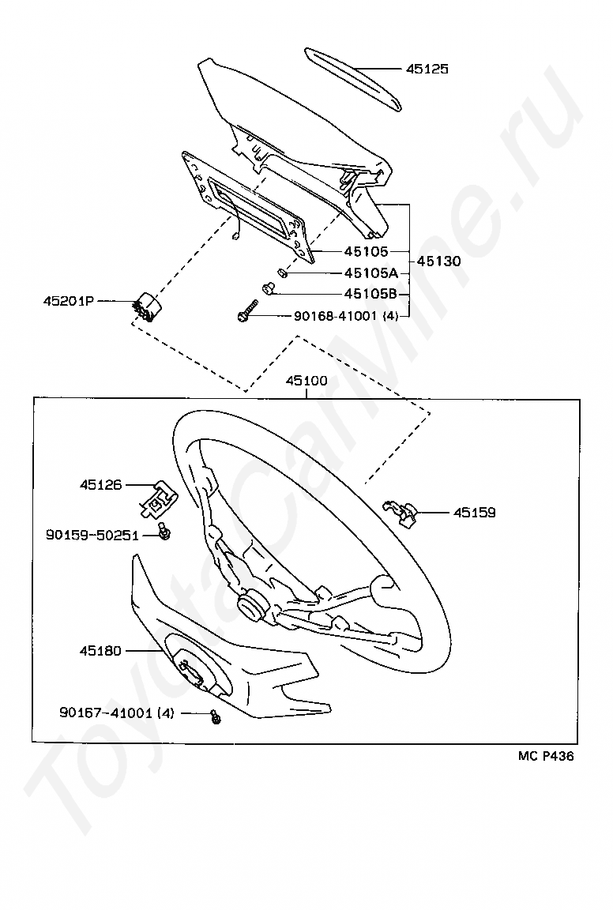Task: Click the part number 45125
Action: pos(427,70)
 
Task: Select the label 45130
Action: pos(438,261)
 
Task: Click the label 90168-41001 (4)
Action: pos(346,316)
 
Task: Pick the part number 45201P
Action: pos(68,301)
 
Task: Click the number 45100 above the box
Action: pos(306,381)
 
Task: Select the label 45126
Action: pos(100,484)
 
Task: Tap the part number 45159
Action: pos(474,513)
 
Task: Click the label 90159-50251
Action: pos(92,536)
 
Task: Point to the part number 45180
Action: pos(100,651)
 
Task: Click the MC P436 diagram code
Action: pos(546,756)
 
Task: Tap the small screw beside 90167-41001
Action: pos(214,716)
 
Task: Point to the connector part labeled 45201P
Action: pos(145,306)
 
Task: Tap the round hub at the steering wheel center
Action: pos(253,607)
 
